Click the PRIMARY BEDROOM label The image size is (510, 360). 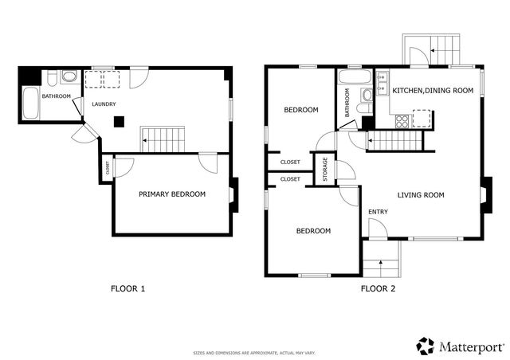pyautogui.click(x=172, y=194)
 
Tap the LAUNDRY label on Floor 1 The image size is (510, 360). pyautogui.click(x=104, y=104)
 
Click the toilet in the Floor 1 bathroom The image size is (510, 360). pyautogui.click(x=68, y=77)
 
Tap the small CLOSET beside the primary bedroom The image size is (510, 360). pyautogui.click(x=106, y=168)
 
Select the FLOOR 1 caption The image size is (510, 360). pyautogui.click(x=127, y=289)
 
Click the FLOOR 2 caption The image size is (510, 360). pyautogui.click(x=378, y=289)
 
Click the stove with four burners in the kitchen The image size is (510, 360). pyautogui.click(x=402, y=122)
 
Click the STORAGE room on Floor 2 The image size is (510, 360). pyautogui.click(x=325, y=170)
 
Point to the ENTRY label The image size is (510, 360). pyautogui.click(x=377, y=211)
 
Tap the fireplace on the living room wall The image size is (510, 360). pyautogui.click(x=486, y=194)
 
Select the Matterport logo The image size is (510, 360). pyautogui.click(x=460, y=346)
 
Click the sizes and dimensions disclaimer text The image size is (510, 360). pyautogui.click(x=254, y=353)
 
